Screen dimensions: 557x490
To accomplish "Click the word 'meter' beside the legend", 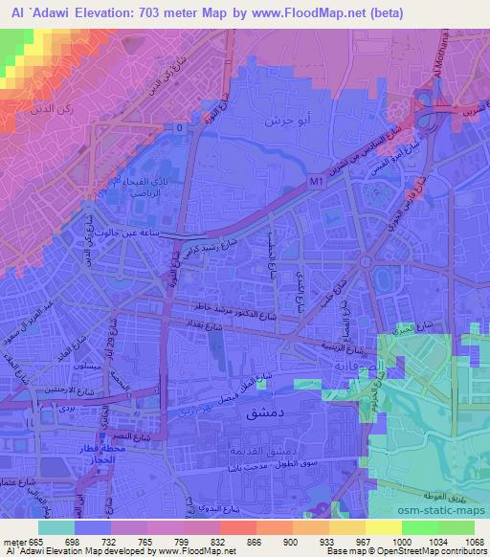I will (16, 541).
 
